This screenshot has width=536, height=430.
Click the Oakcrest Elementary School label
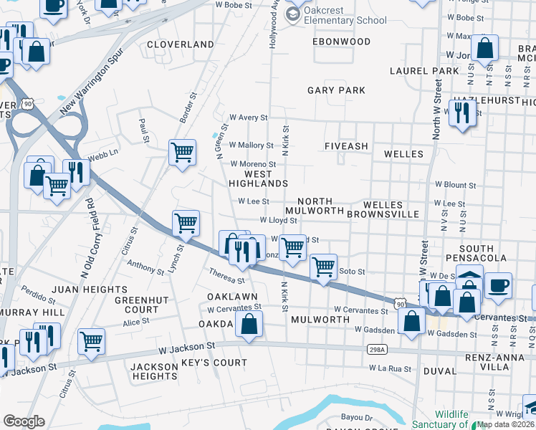(345, 15)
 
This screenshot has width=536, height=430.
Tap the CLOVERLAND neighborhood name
(181, 44)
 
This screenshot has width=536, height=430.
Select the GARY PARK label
(336, 90)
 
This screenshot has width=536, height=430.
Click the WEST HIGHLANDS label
(258, 179)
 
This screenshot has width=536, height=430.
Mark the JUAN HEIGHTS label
(94, 290)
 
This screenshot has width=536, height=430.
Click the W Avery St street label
(248, 118)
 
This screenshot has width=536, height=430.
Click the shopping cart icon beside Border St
(182, 152)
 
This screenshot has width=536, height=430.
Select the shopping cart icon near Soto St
(324, 267)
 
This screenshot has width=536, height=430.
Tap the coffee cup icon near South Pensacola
(498, 285)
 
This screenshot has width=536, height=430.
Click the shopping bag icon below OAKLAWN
(249, 324)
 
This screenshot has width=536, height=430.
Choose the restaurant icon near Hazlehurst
(462, 113)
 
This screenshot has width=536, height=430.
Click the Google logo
(24, 421)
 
